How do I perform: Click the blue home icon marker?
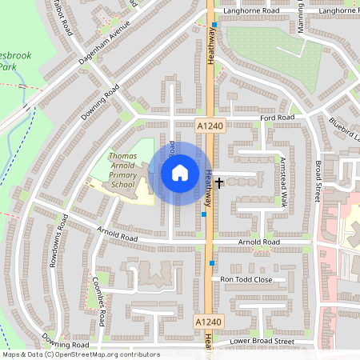(x=180, y=173)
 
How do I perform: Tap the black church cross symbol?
(x=219, y=183)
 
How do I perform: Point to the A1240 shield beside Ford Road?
(x=207, y=126)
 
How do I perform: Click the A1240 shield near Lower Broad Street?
(x=207, y=321)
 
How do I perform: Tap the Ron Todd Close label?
(x=246, y=279)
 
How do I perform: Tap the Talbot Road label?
(x=62, y=18)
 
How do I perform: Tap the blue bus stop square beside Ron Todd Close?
(x=212, y=263)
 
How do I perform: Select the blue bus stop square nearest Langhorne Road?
(x=214, y=25)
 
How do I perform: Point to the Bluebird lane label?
(x=346, y=128)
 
